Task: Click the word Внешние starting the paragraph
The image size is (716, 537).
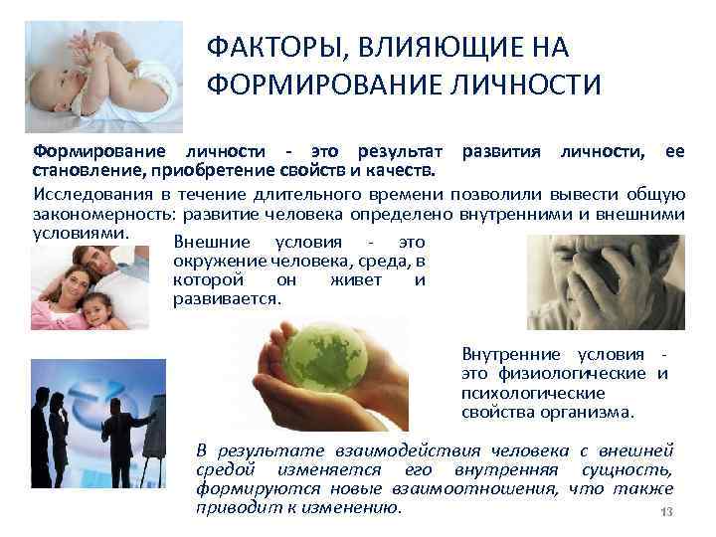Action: [x=209, y=243]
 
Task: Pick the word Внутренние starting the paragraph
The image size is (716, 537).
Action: [x=509, y=355]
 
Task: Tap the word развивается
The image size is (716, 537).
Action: [x=227, y=298]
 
